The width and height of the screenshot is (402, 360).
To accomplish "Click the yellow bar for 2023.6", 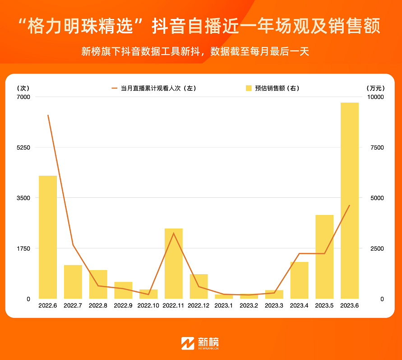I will tap(350, 201).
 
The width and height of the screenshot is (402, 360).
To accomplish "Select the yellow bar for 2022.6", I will tap(48, 237).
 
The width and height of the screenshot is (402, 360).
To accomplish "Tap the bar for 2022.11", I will tap(174, 264).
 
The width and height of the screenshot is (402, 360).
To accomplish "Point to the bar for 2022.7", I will tap(73, 282).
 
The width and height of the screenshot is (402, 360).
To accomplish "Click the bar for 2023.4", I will tap(299, 280).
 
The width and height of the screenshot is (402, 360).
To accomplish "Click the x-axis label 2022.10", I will tap(148, 306).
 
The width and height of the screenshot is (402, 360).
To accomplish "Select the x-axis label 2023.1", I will tap(224, 306).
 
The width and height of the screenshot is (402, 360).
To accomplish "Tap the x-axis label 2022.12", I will tap(199, 306).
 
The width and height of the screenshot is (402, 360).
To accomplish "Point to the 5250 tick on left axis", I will tap(23, 148).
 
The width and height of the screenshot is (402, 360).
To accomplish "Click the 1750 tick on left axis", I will tap(23, 248).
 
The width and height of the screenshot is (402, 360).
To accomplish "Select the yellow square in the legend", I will tap(249, 89).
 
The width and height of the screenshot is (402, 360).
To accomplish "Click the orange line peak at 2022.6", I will tap(48, 115).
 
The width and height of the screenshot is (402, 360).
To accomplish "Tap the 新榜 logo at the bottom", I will tap(200, 343).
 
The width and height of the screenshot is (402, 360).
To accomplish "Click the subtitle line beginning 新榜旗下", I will tap(195, 51).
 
